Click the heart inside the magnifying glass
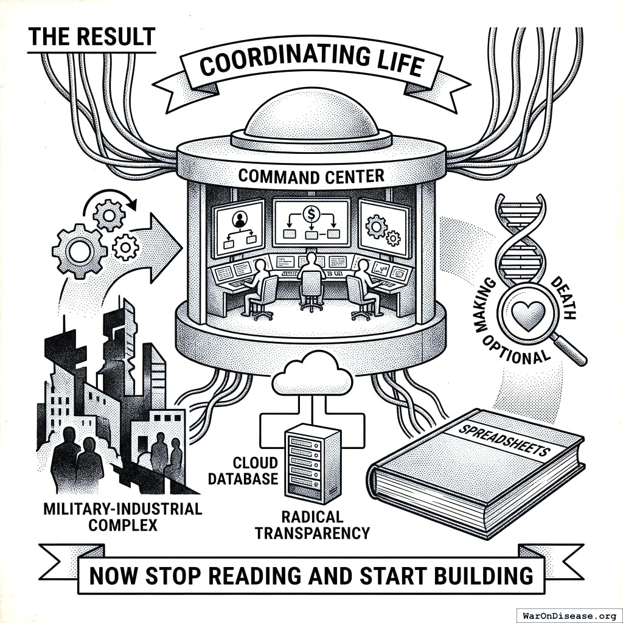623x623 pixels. [x=524, y=314]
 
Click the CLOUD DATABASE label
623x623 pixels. [x=243, y=471]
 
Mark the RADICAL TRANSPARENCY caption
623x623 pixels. [x=312, y=525]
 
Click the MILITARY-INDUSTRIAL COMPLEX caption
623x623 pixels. [x=122, y=517]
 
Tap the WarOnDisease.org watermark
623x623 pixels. [x=568, y=614]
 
